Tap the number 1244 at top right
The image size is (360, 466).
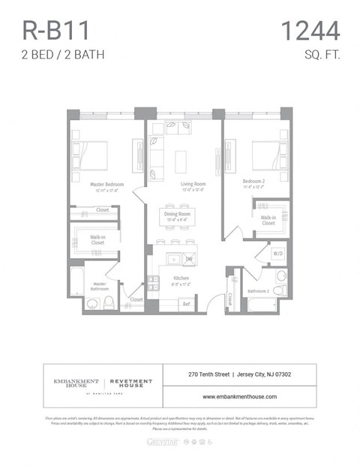click(310, 31)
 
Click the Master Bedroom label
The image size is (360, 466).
click(106, 185)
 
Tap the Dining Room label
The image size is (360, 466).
click(178, 214)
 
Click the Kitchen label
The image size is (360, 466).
click(181, 278)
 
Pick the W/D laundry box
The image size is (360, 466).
click(277, 254)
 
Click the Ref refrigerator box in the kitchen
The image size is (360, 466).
click(186, 304)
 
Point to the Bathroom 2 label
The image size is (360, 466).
click(259, 290)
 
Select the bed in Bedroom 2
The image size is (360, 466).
click(268, 155)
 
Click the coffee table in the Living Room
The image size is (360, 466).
click(180, 161)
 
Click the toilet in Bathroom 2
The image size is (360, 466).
click(279, 290)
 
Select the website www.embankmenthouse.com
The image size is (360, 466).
click(239, 396)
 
